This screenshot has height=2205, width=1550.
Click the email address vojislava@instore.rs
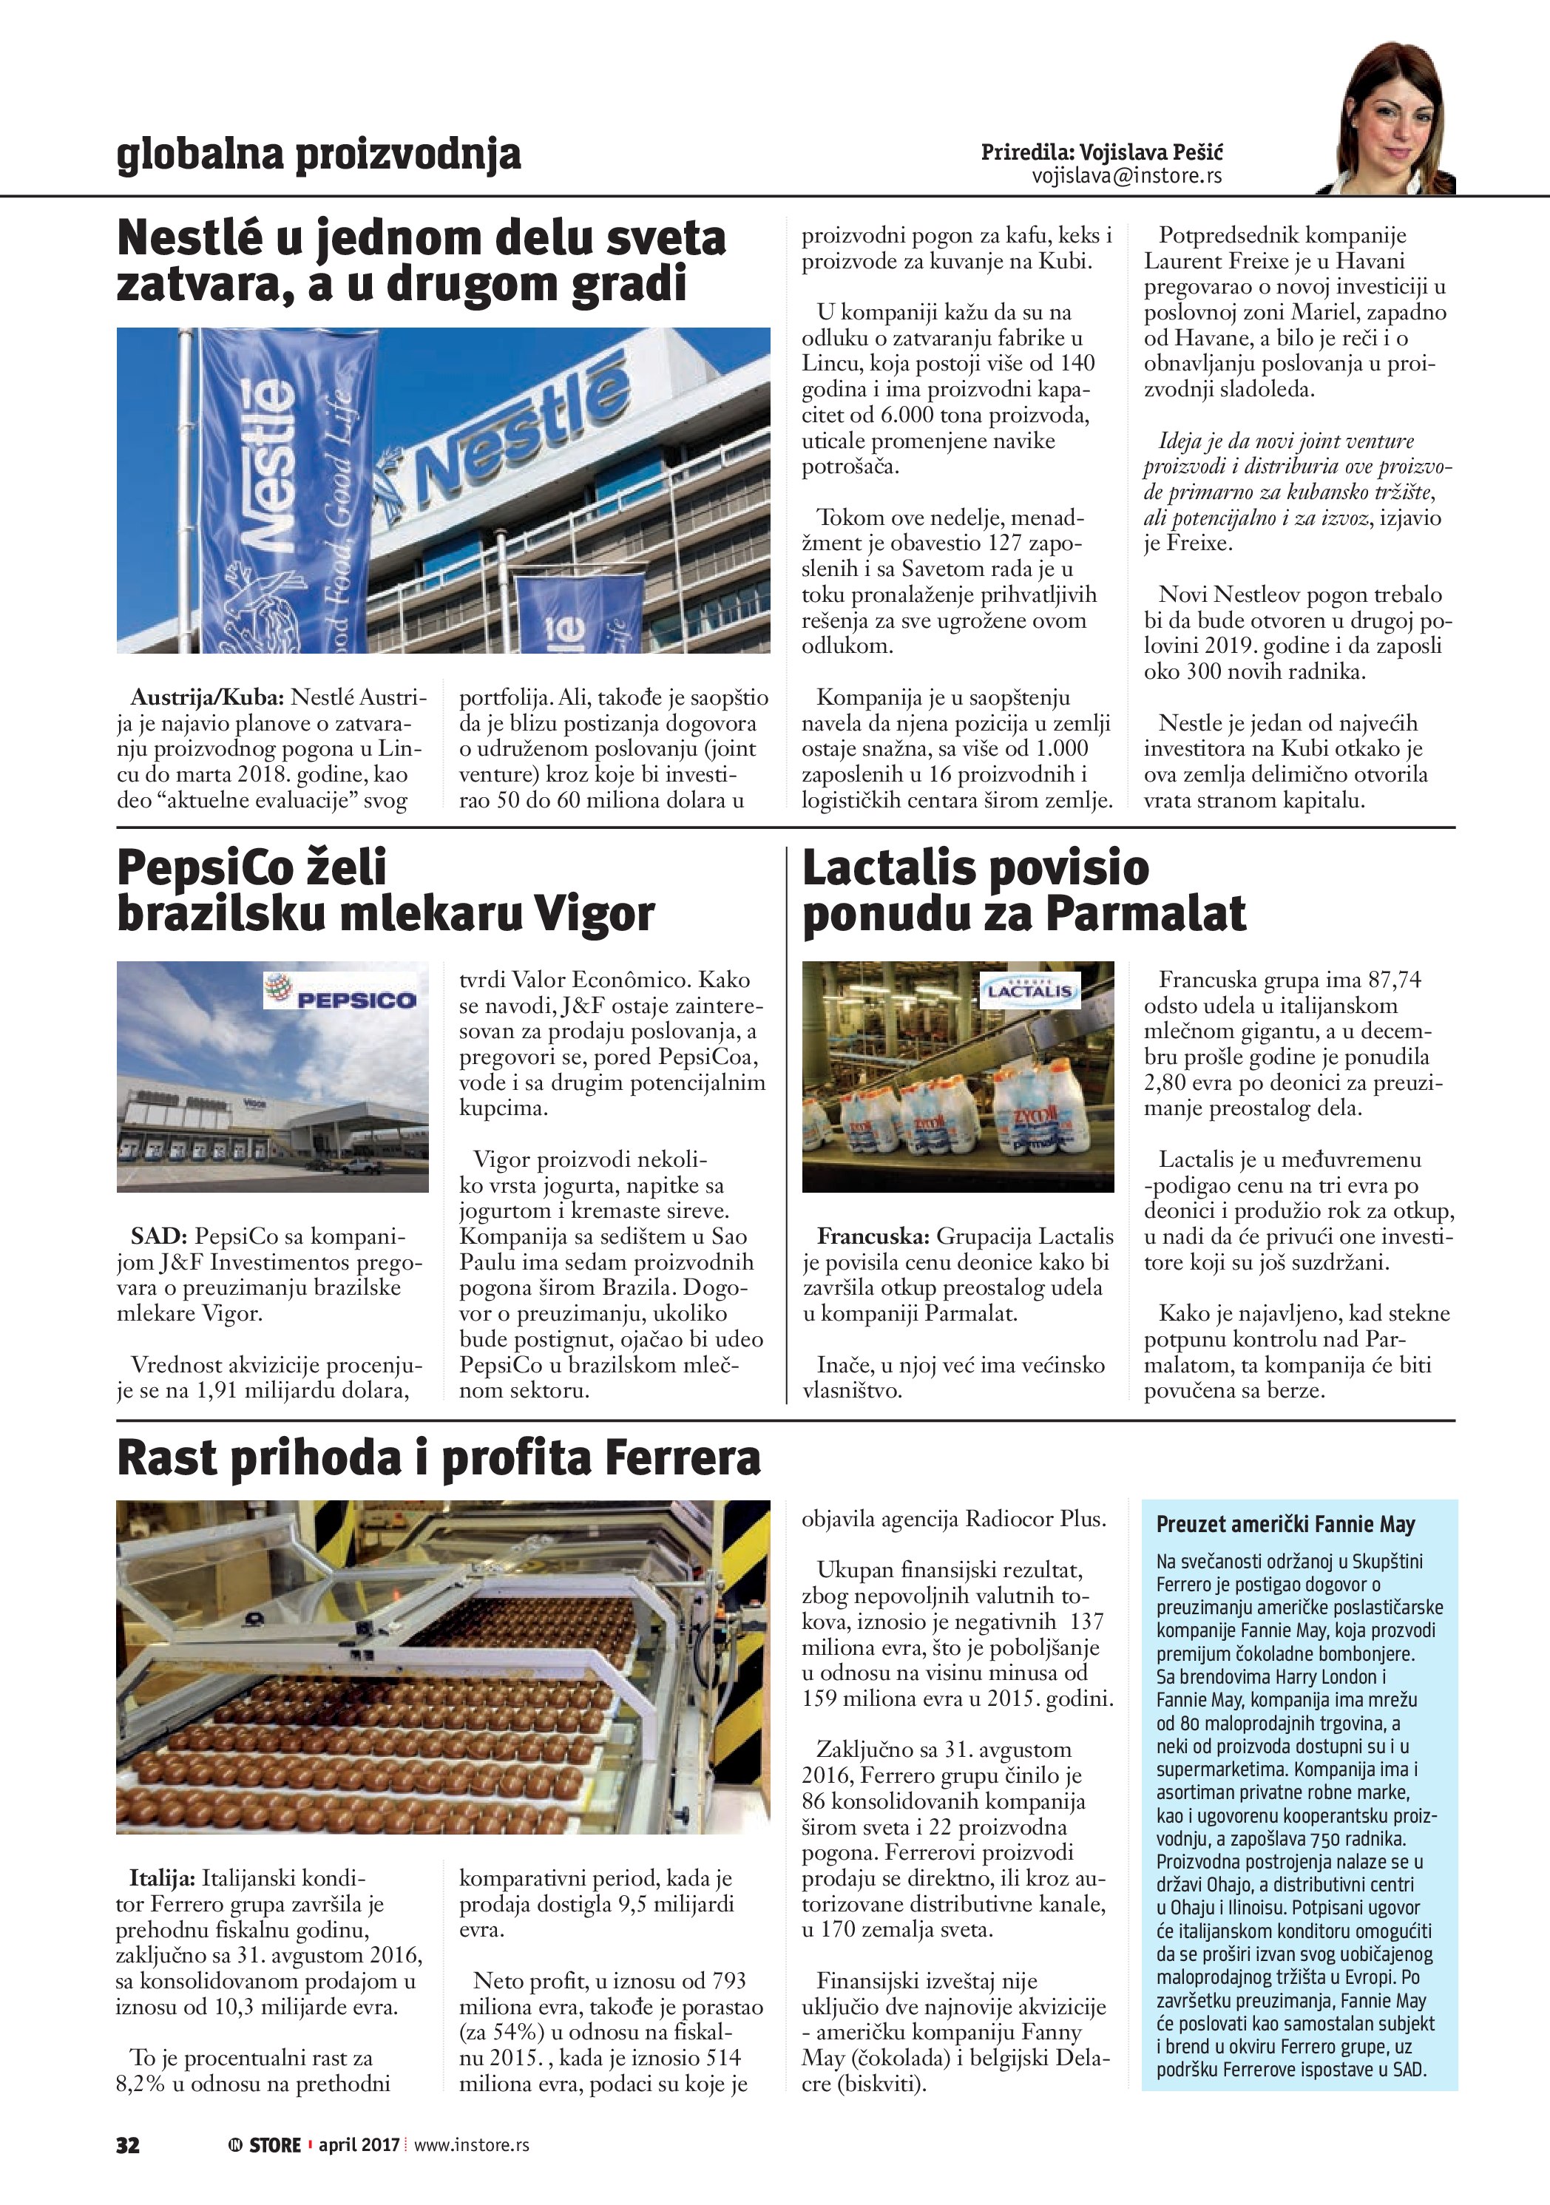point(1126,177)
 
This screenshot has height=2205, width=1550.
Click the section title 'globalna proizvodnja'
point(319,155)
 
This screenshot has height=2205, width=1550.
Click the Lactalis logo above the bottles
point(1029,990)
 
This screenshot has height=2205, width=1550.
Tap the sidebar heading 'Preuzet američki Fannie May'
point(1285,1524)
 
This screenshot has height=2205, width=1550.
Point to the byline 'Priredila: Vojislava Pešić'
point(1102,152)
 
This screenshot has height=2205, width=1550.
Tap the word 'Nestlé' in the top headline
point(189,238)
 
